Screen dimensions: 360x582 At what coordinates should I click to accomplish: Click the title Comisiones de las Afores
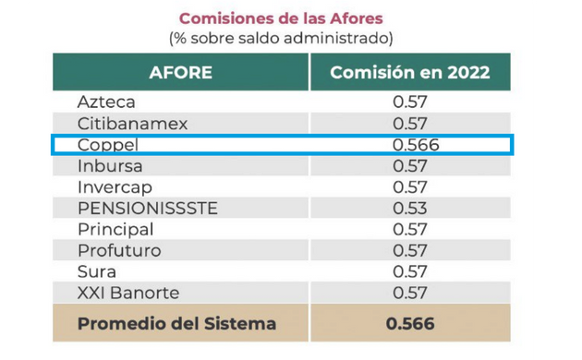pos(281,18)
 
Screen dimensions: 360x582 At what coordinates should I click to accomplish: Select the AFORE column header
pos(180,72)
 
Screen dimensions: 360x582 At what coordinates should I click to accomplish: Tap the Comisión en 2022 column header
pos(409,72)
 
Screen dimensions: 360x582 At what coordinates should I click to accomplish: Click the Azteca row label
pos(106,102)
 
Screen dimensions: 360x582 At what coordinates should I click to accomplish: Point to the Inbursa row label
pos(109,166)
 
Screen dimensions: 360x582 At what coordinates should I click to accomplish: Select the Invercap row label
pos(113,186)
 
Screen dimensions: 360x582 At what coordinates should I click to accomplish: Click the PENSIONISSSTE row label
pos(148,208)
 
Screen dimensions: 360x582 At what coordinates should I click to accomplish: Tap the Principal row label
pos(115,229)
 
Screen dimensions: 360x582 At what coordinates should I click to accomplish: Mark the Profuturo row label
pos(119,250)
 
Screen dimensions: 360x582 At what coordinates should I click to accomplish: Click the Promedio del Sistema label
pos(176,324)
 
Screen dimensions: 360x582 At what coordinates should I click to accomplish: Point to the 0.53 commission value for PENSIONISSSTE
pos(410,208)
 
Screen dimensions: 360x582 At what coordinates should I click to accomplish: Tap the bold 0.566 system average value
pos(410,324)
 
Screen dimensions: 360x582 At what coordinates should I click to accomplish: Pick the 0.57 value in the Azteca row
pos(410,102)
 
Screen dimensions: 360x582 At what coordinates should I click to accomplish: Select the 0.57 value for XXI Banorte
pos(410,293)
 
